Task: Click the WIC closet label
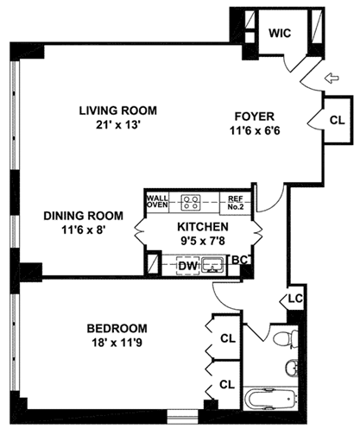pos(280,33)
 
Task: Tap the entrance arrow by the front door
pos(332,78)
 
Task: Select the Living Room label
pos(118,110)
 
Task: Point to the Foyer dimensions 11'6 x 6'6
pos(255,131)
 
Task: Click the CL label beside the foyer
pos(338,120)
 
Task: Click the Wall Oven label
pos(157,201)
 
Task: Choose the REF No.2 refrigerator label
pos(236,203)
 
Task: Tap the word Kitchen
pos(203,227)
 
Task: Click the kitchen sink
pos(212,265)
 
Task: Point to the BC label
pos(239,260)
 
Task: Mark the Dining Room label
pos(83,216)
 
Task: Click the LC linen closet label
pos(295,299)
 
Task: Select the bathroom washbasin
pos(291,367)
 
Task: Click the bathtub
pos(270,399)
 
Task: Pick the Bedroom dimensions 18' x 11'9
pos(117,343)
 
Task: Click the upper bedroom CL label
pos(228,338)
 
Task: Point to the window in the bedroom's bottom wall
pos(182,416)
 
